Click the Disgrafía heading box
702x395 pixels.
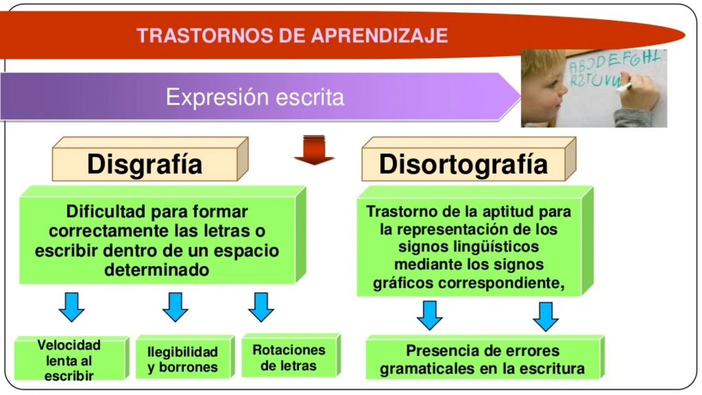click(x=150, y=159)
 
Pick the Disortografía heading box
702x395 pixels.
click(x=469, y=159)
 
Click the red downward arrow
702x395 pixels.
click(x=314, y=150)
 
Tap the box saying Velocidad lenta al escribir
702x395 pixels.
click(x=72, y=358)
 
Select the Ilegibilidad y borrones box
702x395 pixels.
click(x=185, y=357)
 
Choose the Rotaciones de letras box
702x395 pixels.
click(x=291, y=355)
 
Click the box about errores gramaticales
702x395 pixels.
click(x=485, y=357)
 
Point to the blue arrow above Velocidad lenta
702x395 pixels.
click(x=72, y=307)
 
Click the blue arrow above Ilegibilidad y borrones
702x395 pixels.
click(x=175, y=307)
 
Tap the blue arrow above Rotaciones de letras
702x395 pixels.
click(x=261, y=307)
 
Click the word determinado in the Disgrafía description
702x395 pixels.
click(x=157, y=270)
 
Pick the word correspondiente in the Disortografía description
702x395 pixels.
click(x=501, y=283)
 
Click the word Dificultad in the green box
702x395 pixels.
click(x=106, y=212)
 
